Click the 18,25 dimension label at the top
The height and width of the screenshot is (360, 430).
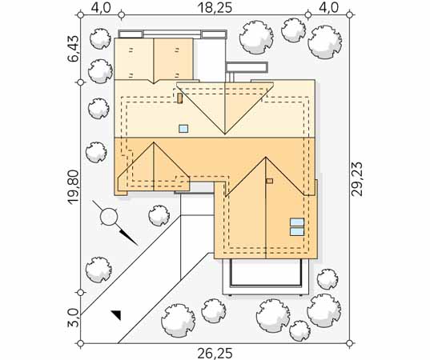pos(215,8)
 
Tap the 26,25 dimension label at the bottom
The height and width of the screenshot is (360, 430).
pos(215,353)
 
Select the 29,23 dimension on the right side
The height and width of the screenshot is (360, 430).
pos(357,179)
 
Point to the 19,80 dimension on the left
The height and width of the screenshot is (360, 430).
pos(74,187)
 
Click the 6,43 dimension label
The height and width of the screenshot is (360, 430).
pos(74,49)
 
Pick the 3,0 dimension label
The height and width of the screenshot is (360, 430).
pos(73,318)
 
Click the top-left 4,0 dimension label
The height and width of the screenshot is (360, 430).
pos(101,8)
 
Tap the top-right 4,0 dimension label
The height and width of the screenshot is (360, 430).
pos(329,8)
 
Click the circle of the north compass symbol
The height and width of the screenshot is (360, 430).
pos(109,217)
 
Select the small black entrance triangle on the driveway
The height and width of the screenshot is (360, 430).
pos(117,315)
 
